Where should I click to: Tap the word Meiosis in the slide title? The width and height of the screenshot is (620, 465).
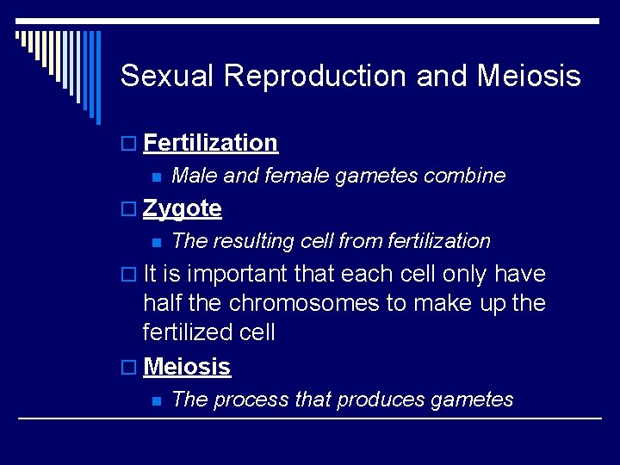coord(528,77)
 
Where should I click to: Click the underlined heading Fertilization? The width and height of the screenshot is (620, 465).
coord(210,143)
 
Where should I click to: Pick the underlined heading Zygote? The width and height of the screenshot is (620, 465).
coord(182,209)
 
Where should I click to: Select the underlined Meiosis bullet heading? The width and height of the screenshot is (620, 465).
coord(187,367)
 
